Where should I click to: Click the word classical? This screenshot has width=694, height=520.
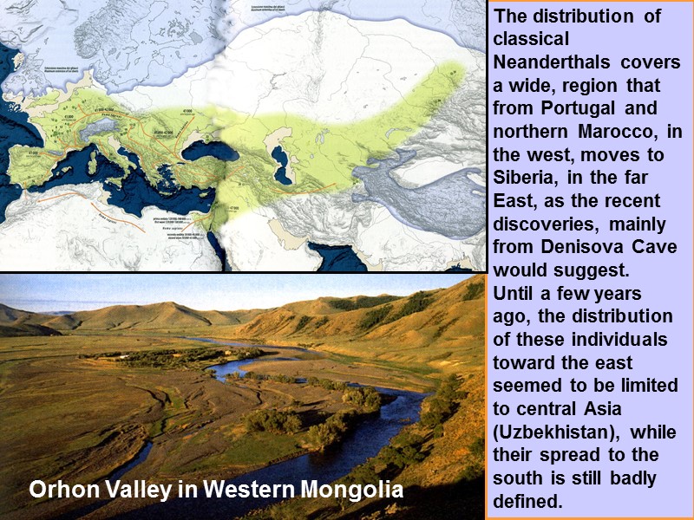530,39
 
